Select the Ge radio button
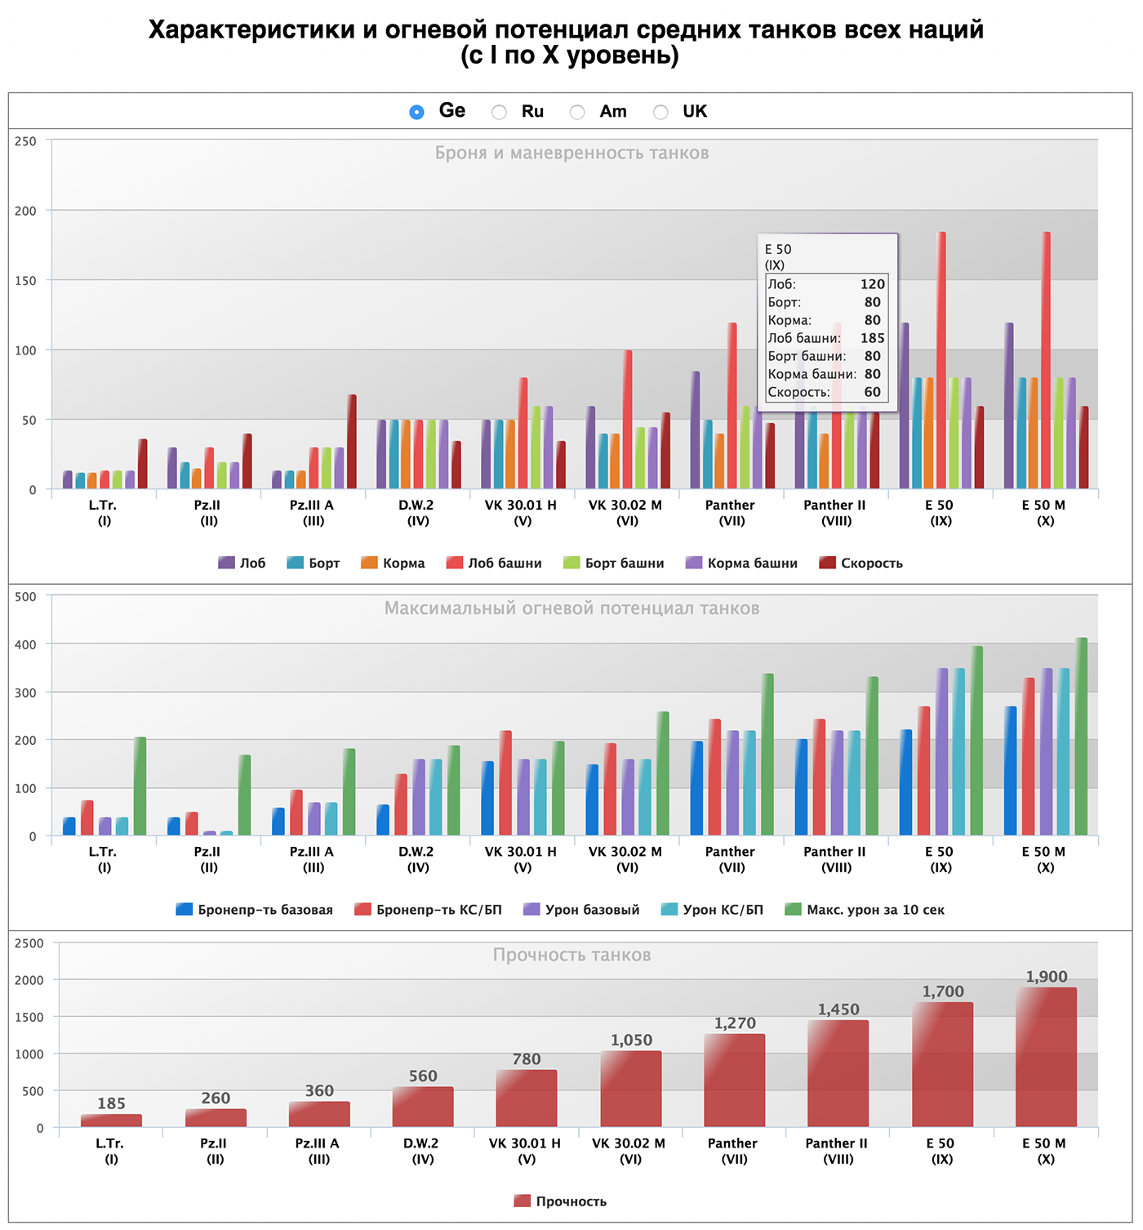416,112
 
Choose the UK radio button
660,112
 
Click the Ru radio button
499,112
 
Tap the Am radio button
577,112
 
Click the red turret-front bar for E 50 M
1046,359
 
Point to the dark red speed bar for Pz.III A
352,441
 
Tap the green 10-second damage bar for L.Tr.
140,786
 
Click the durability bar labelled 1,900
1046,1057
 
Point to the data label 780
527,1059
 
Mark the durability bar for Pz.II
216,1118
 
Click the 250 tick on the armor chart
26,141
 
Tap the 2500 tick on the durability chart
29,943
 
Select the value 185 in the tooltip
872,338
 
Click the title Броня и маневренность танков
571,153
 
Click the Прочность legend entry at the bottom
571,1201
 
